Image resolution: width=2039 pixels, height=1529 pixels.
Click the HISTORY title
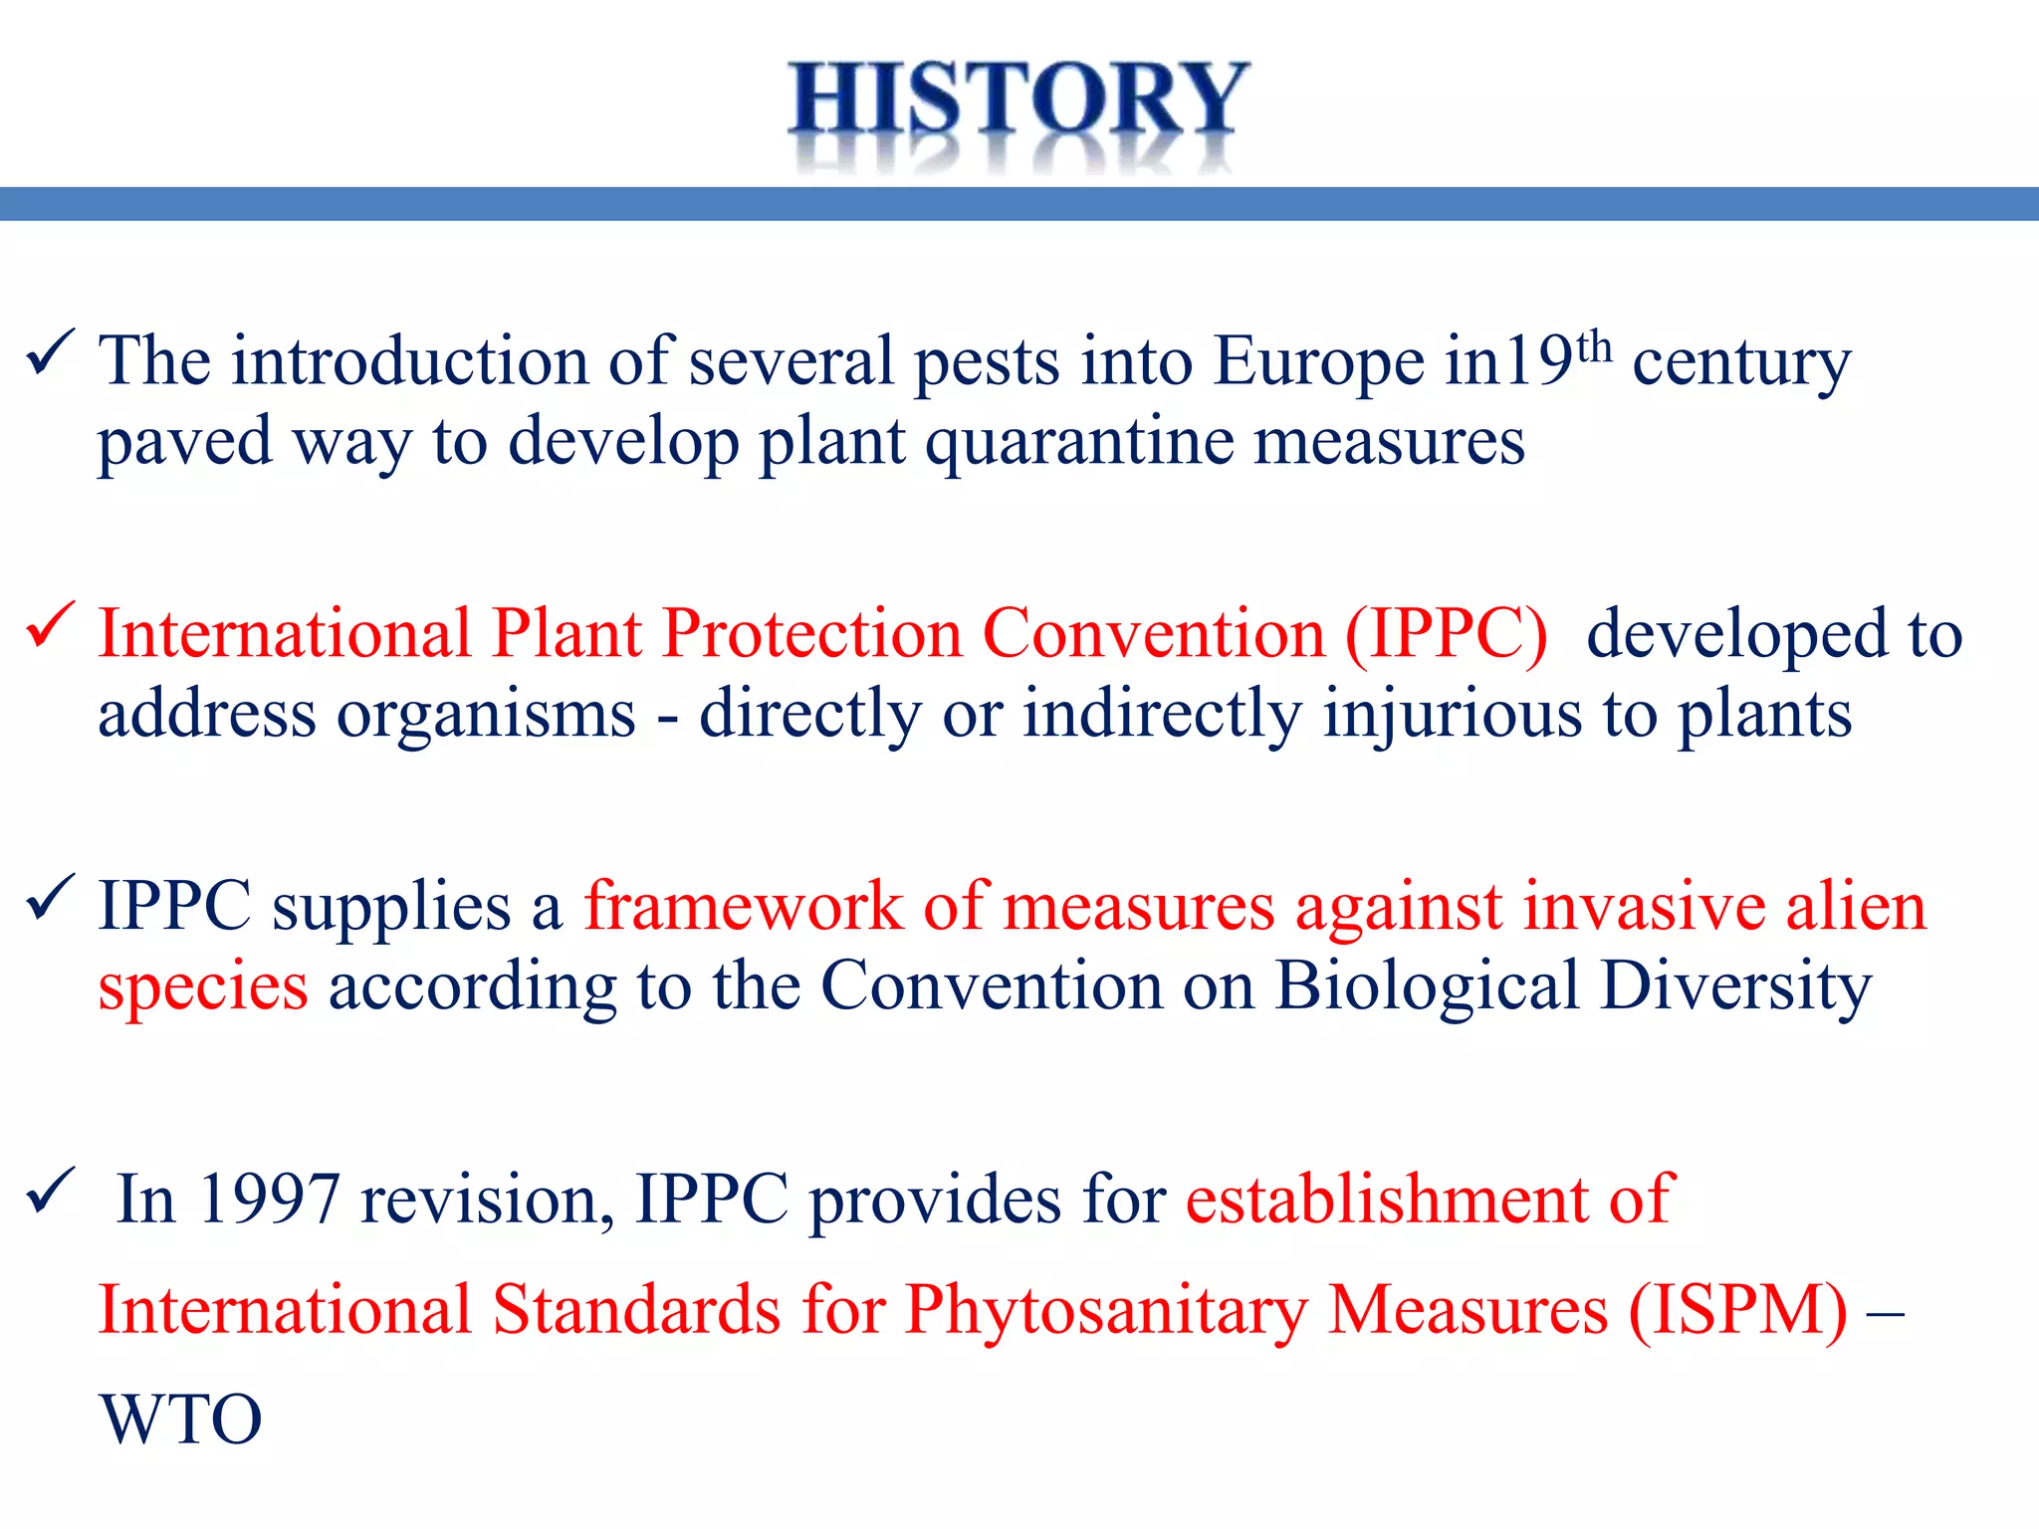click(1018, 100)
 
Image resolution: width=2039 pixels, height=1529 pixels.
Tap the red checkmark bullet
click(51, 625)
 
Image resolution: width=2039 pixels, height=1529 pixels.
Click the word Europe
click(1319, 361)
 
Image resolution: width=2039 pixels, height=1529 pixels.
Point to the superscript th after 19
click(1595, 347)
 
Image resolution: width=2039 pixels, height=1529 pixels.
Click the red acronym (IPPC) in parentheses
click(1446, 634)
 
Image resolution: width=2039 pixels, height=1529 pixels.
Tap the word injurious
click(1452, 715)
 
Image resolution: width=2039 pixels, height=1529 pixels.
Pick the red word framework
click(743, 907)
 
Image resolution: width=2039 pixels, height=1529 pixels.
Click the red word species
click(203, 988)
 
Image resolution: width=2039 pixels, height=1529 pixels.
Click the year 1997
click(269, 1200)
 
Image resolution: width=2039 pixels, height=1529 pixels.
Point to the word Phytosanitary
click(1106, 1311)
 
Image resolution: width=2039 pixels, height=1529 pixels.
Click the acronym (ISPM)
click(1738, 1310)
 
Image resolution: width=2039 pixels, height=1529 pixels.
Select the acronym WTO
click(181, 1420)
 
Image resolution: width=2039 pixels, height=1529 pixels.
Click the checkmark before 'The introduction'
click(51, 352)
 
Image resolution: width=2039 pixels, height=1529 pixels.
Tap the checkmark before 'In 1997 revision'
click(51, 1191)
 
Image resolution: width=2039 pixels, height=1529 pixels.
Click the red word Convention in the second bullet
click(1154, 634)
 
